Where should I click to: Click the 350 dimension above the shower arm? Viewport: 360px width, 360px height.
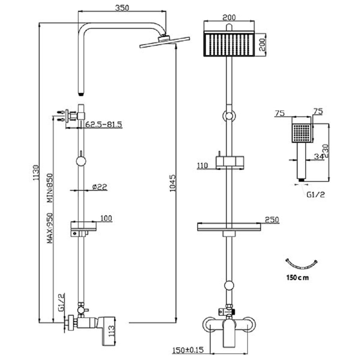[122, 8]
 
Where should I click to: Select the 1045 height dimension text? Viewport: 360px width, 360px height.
[172, 184]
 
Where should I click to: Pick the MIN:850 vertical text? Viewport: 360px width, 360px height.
[50, 189]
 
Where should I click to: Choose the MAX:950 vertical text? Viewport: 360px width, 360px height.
[50, 228]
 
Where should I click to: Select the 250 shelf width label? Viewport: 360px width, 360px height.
[271, 220]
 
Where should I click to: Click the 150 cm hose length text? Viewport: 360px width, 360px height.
[297, 278]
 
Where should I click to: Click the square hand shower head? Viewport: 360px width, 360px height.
[302, 134]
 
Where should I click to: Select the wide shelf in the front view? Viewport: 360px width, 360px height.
[229, 227]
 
